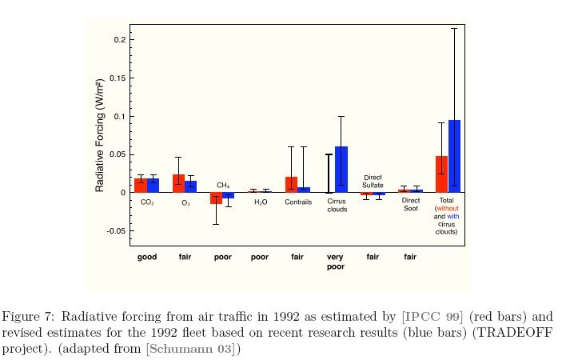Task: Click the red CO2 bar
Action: [141, 186]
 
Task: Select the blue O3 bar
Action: [190, 186]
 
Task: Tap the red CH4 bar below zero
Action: [216, 198]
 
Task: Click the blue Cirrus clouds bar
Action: [341, 170]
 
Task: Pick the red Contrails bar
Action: [291, 185]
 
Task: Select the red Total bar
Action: [441, 174]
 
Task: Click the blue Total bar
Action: [454, 157]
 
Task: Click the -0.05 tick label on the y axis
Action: [113, 231]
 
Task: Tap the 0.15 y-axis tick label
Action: [114, 78]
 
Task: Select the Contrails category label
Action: [297, 203]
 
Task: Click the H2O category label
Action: [261, 203]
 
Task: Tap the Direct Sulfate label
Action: [373, 181]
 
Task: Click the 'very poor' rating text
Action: [335, 262]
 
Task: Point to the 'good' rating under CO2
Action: [147, 257]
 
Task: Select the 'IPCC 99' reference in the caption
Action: [432, 315]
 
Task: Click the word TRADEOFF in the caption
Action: [496, 332]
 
